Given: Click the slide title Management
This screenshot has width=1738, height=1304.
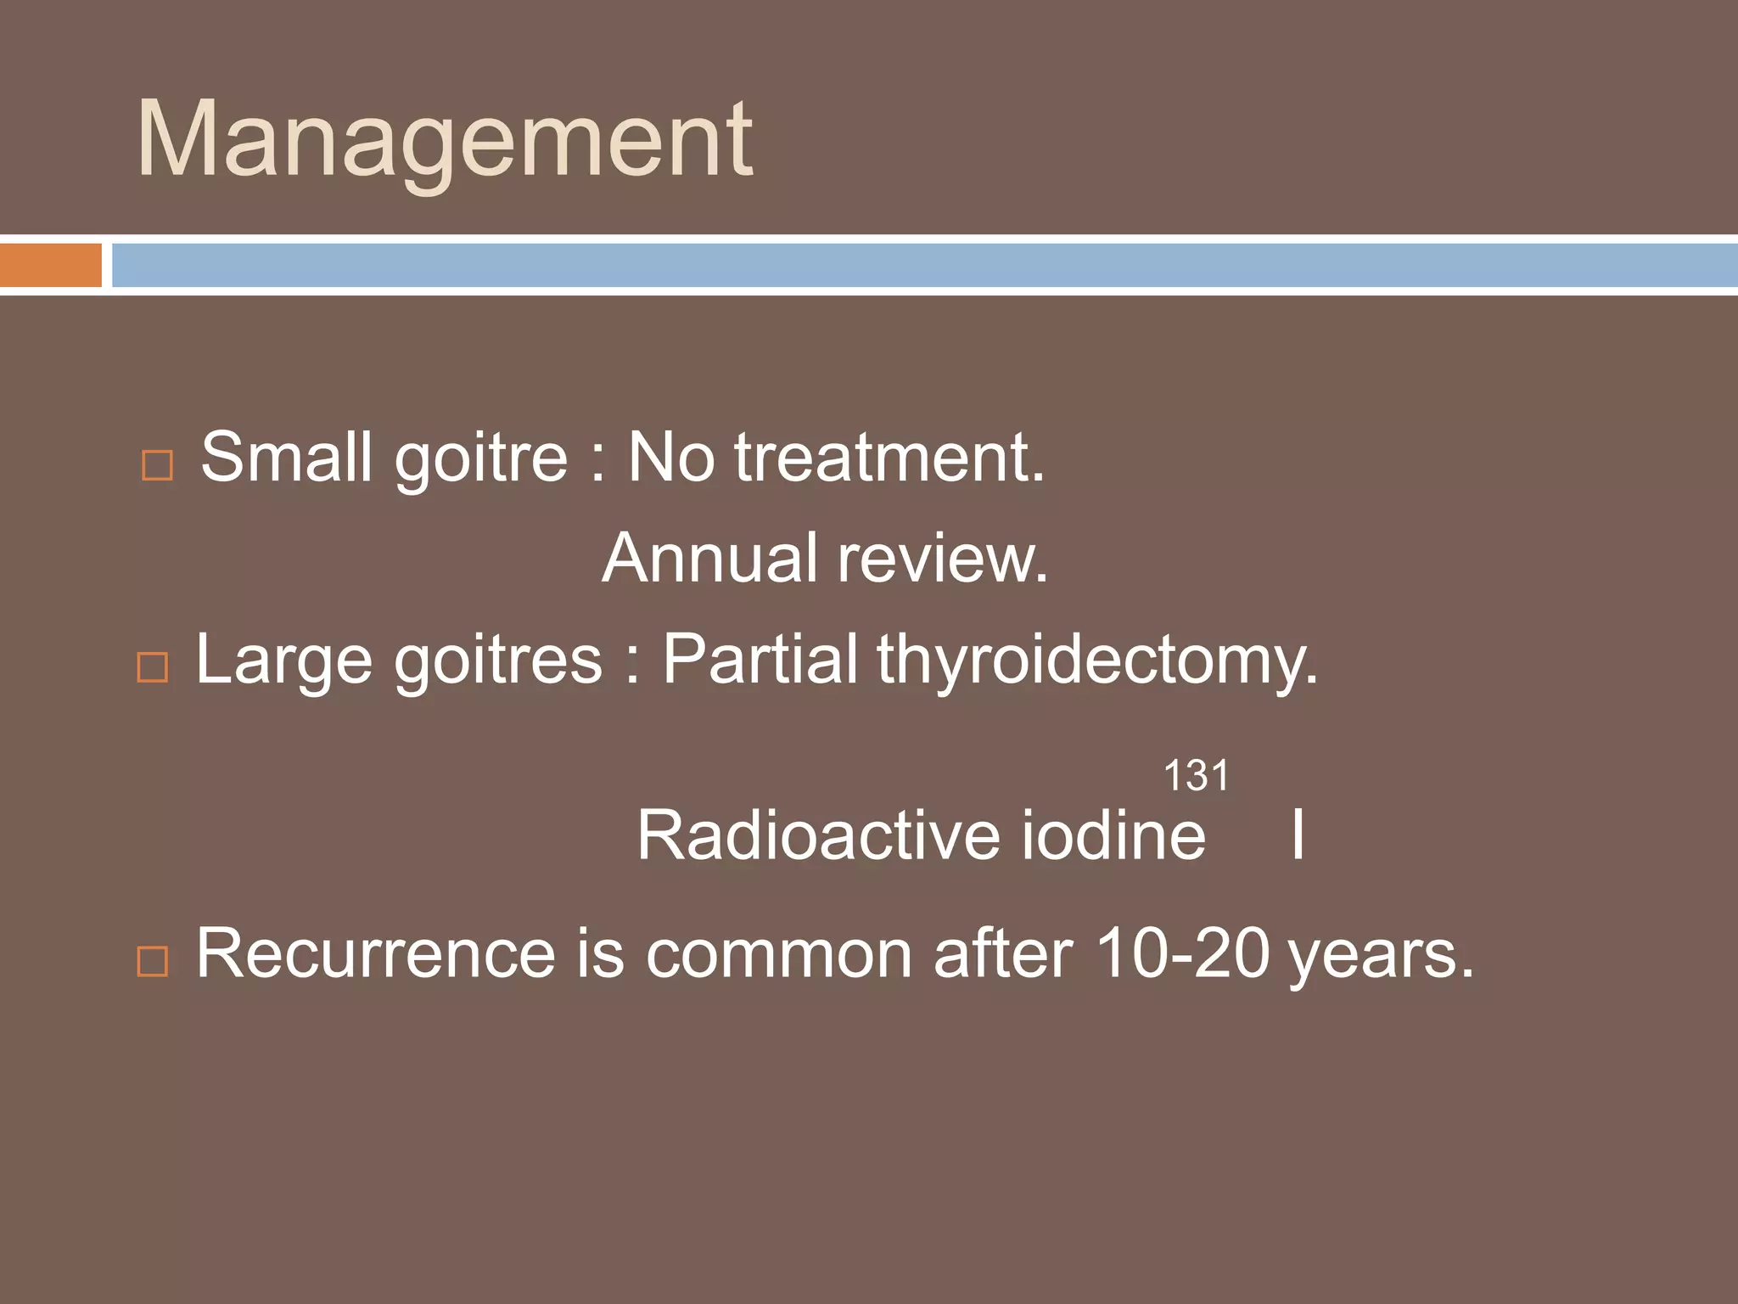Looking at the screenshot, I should click(444, 140).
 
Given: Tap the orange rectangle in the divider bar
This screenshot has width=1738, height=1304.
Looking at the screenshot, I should click(51, 265).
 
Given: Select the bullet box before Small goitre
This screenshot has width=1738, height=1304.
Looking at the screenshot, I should click(157, 465).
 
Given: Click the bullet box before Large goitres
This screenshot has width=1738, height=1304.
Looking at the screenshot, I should click(153, 667).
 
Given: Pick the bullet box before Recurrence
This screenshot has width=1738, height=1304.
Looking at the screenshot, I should click(153, 961).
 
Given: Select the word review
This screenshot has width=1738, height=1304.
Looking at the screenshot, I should click(943, 558).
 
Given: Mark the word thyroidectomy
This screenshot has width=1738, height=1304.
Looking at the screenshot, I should click(1097, 660).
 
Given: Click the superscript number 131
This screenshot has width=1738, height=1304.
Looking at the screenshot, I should click(1196, 776).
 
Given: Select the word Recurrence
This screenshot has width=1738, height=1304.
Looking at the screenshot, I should click(376, 953).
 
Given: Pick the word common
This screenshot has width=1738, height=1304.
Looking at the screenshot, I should click(778, 953).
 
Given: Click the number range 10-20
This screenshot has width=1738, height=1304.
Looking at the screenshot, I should click(1182, 953).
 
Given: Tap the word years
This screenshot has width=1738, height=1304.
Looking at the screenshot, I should click(1380, 955).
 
